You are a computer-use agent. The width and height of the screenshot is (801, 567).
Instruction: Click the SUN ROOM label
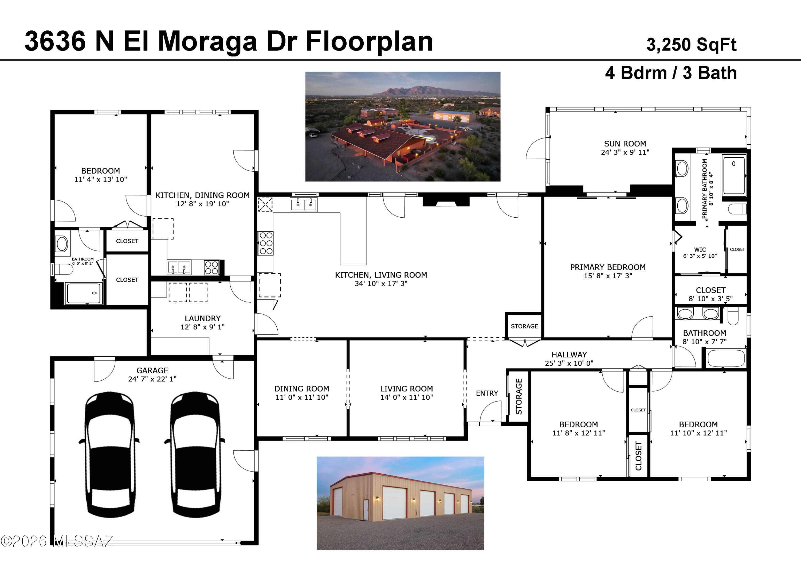[x=625, y=144]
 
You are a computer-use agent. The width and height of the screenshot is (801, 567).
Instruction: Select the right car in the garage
[x=195, y=454]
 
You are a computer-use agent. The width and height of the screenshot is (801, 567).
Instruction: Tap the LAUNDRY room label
[x=203, y=318]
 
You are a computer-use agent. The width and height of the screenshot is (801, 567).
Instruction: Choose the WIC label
[x=700, y=249]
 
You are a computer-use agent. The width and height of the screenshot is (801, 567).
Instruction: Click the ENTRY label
[x=487, y=393]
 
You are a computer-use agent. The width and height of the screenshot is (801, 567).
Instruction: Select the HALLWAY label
[x=569, y=354]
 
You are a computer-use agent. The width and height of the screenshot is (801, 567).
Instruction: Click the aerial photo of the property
[x=403, y=126]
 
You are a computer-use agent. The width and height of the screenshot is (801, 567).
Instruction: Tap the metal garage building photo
[x=400, y=503]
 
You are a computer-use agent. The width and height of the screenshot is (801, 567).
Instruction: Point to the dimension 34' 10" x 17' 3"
[x=381, y=284]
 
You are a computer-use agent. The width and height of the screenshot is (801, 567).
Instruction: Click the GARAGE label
[x=152, y=370]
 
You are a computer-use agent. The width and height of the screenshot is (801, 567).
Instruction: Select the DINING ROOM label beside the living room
[x=302, y=388]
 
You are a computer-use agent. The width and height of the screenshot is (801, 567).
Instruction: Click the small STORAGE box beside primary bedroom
[x=524, y=326]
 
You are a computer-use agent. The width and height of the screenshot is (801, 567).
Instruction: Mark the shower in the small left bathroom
[x=84, y=293]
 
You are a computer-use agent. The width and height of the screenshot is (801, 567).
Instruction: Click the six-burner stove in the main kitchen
[x=266, y=243]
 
